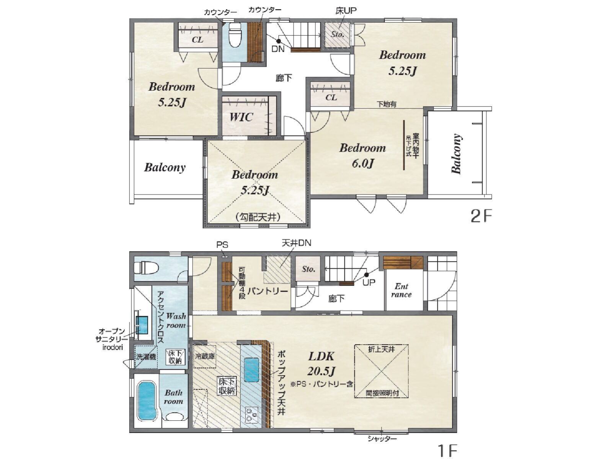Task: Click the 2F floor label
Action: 481,216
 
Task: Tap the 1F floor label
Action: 447,451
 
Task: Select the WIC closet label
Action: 241,117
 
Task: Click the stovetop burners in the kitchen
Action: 252,415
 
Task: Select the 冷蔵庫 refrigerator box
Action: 205,356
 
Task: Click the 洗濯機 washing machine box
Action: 146,357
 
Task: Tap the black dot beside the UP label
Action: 367,275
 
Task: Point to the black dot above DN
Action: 278,41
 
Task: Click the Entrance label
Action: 401,291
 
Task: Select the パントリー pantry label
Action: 268,291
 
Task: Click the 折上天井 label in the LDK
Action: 381,349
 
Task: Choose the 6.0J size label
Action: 363,163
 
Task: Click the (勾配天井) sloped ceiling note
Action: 258,217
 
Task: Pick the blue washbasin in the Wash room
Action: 142,325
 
